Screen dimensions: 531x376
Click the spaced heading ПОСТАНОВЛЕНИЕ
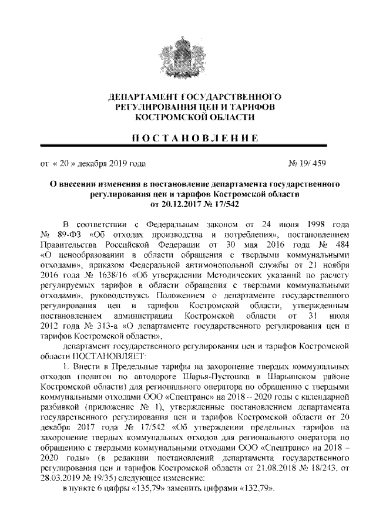(x=187, y=138)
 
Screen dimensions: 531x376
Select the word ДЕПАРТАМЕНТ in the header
(x=142, y=96)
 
